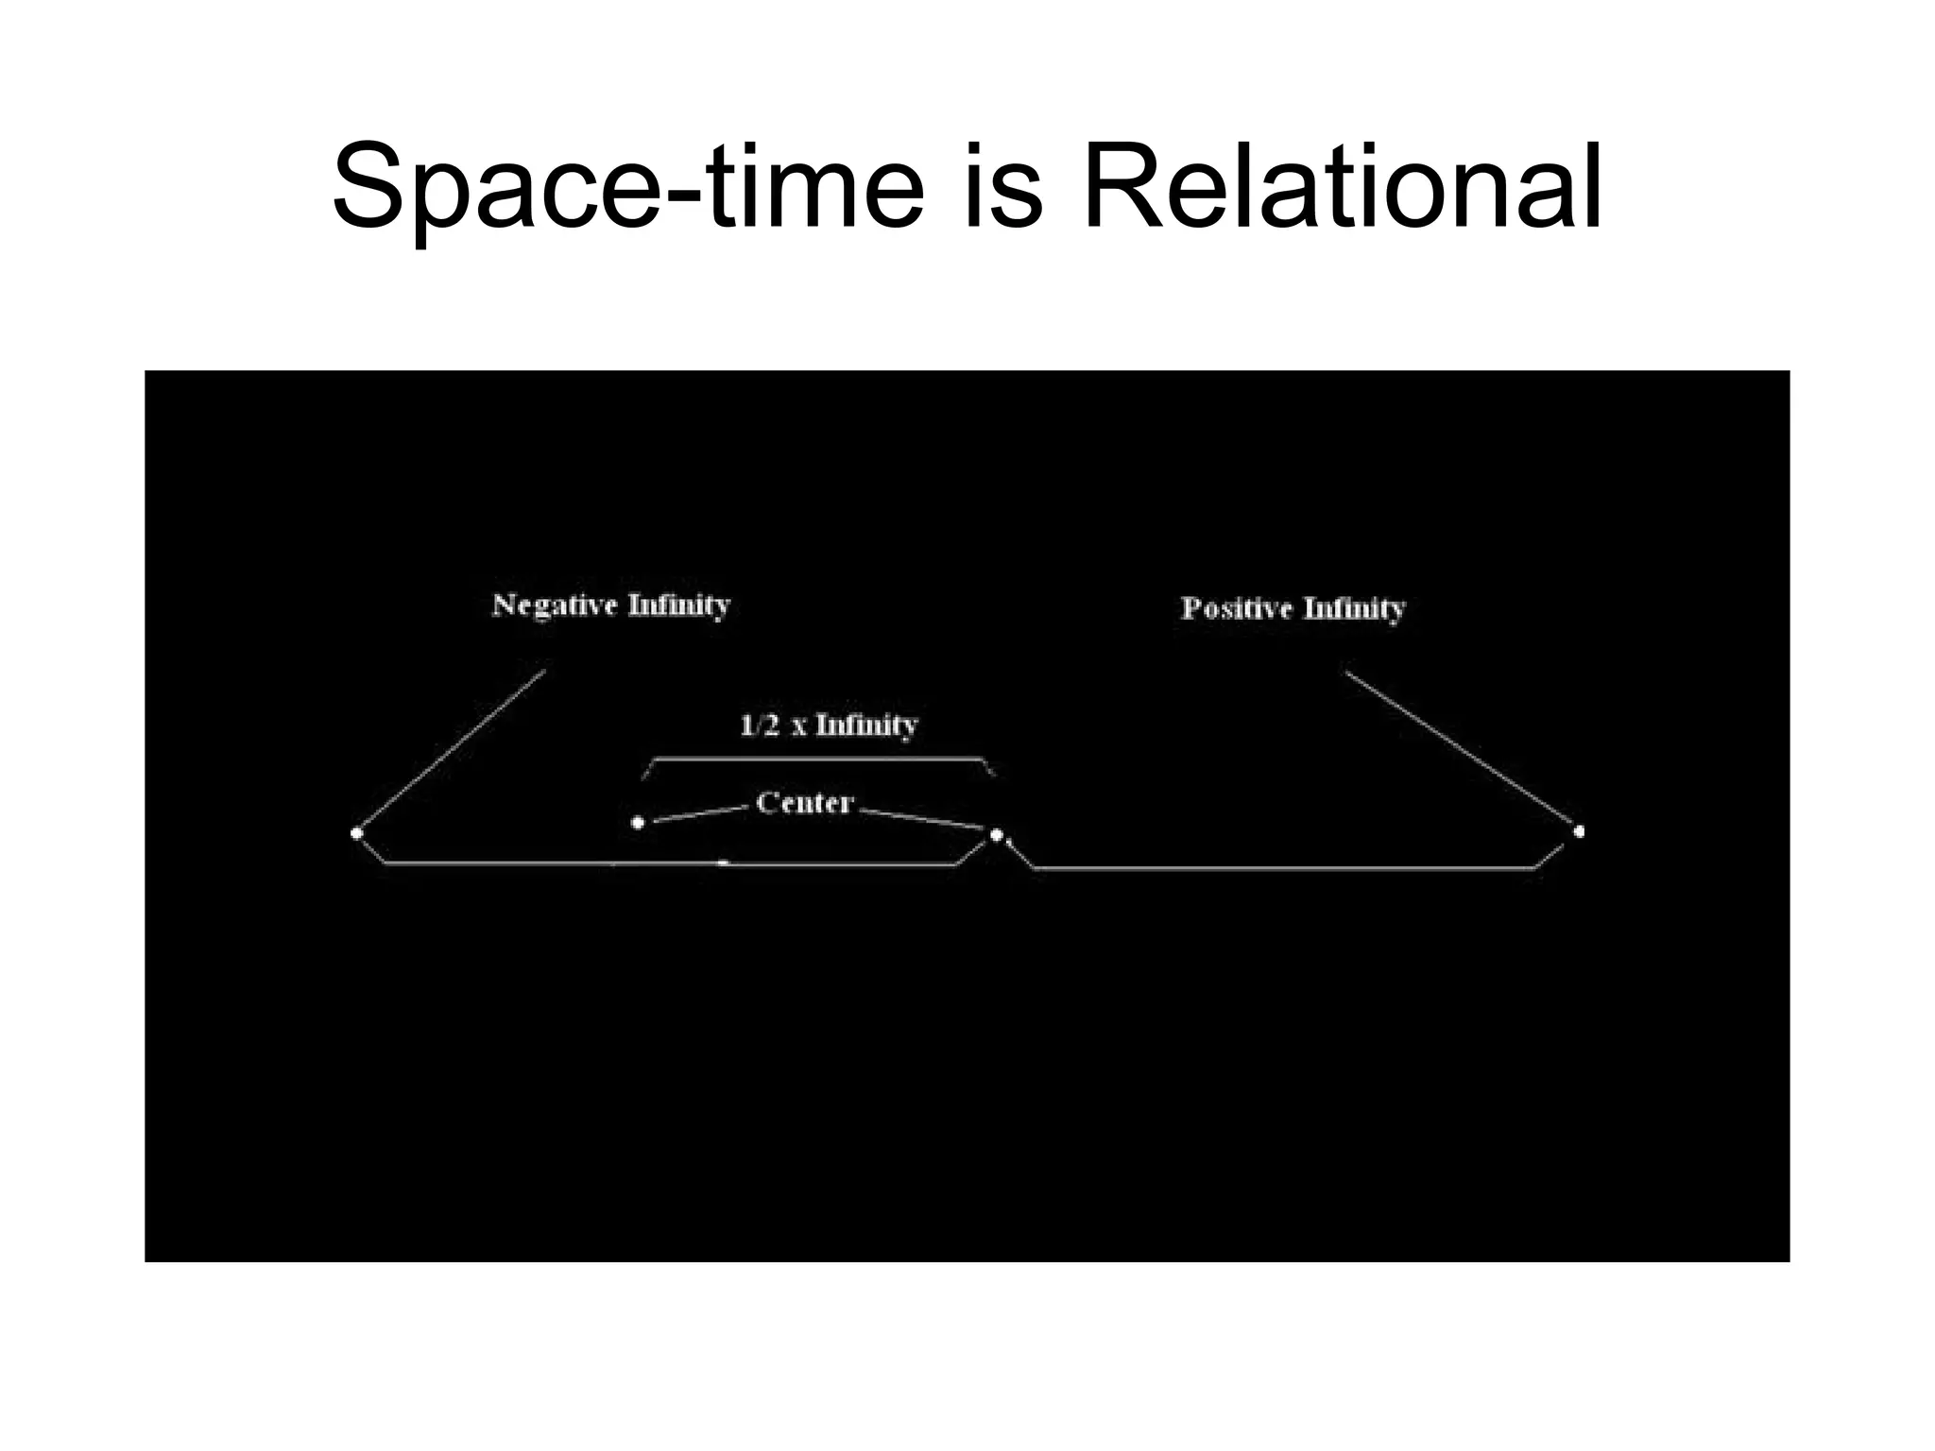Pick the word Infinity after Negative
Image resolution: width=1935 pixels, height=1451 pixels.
[x=679, y=605]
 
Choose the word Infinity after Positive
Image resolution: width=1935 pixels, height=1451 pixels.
[x=1354, y=608]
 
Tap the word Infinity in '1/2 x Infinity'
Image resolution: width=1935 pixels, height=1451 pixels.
[x=866, y=725]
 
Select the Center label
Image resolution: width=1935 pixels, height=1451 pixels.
[x=805, y=803]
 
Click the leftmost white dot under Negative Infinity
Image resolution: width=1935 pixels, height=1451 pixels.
[x=356, y=833]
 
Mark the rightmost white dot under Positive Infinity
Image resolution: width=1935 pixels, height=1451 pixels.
[x=1579, y=831]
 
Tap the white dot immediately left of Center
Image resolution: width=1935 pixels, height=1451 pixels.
[x=638, y=823]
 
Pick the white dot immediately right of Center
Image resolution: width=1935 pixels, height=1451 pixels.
[x=996, y=834]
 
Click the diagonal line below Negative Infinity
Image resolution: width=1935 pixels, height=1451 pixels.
[x=452, y=751]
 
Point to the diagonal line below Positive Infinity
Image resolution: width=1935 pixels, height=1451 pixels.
[x=1461, y=751]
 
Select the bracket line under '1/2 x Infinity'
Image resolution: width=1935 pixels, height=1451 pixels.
[x=818, y=759]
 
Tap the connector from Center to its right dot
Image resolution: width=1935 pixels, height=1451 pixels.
[x=921, y=818]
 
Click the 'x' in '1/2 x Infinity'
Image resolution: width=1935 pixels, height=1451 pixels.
[x=799, y=727]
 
